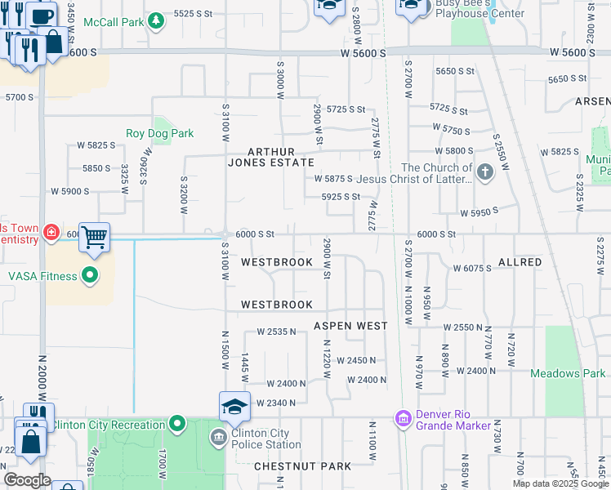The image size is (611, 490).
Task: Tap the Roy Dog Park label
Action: tap(159, 133)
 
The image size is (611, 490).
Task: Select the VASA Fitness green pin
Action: tap(90, 276)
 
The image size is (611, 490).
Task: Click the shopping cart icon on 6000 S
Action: tap(94, 238)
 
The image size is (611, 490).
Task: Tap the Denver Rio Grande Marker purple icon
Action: tap(402, 419)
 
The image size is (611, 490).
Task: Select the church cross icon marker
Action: tap(485, 172)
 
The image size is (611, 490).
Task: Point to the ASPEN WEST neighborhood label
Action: tap(350, 326)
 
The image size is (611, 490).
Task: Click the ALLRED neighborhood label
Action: tap(520, 262)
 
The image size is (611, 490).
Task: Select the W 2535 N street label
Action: tap(276, 332)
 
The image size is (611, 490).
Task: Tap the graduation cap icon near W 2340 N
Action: tap(234, 406)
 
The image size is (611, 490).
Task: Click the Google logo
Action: tap(27, 480)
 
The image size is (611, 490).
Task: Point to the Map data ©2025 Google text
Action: tap(559, 483)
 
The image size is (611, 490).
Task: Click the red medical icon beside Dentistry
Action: tap(51, 233)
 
